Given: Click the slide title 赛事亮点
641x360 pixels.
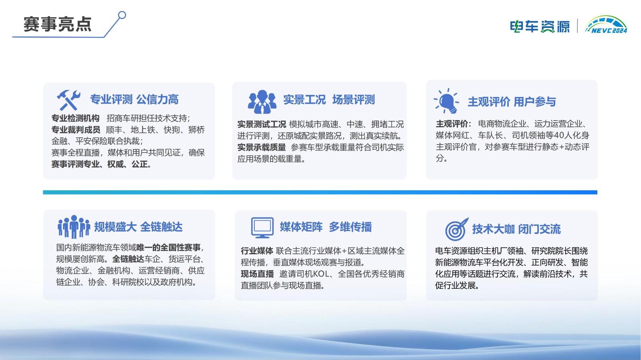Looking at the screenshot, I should pos(57,24).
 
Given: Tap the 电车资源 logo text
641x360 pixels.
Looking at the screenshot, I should pos(539,26).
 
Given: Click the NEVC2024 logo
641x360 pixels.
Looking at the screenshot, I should pos(606,25).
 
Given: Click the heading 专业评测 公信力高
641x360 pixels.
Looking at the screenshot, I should pos(134,99).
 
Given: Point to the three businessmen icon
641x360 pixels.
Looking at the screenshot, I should pos(262,101).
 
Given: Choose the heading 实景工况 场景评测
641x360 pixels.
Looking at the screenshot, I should pos(329,100).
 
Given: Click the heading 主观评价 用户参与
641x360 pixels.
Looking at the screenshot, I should pos(512,102).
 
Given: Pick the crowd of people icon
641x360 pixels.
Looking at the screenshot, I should pos(74,227).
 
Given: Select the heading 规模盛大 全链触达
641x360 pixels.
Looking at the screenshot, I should pos(138,227).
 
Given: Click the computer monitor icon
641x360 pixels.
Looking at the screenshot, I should pos(262,227).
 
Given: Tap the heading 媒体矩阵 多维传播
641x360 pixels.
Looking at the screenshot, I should pos(326,227).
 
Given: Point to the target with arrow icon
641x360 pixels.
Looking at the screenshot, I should pos(457,229).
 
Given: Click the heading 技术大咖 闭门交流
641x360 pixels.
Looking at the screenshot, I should pos(516,229).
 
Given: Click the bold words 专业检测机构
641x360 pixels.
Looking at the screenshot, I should pos(75,118).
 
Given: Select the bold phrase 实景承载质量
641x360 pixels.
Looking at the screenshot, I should pos(261,147).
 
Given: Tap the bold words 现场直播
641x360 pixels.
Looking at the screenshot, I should pos(257,274).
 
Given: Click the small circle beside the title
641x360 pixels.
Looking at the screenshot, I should pos(122,15).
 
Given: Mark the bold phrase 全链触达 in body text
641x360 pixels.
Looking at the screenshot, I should pos(128,259).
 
